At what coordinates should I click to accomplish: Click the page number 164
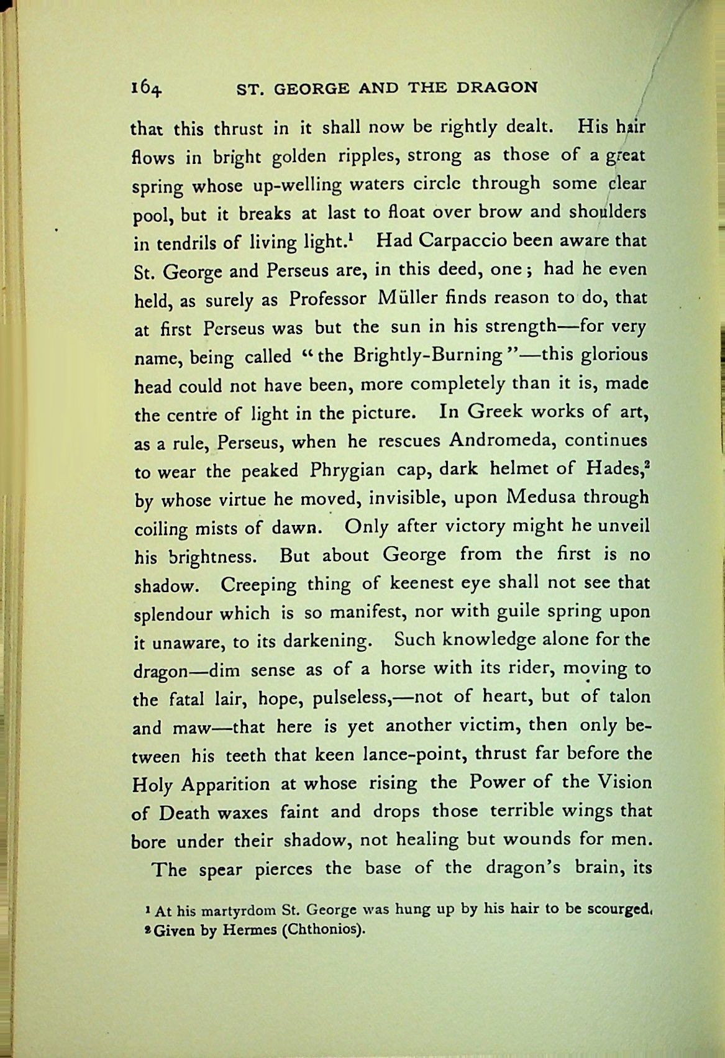pos(147,89)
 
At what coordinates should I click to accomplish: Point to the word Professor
pos(327,299)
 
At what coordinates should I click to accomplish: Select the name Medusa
pos(542,498)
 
